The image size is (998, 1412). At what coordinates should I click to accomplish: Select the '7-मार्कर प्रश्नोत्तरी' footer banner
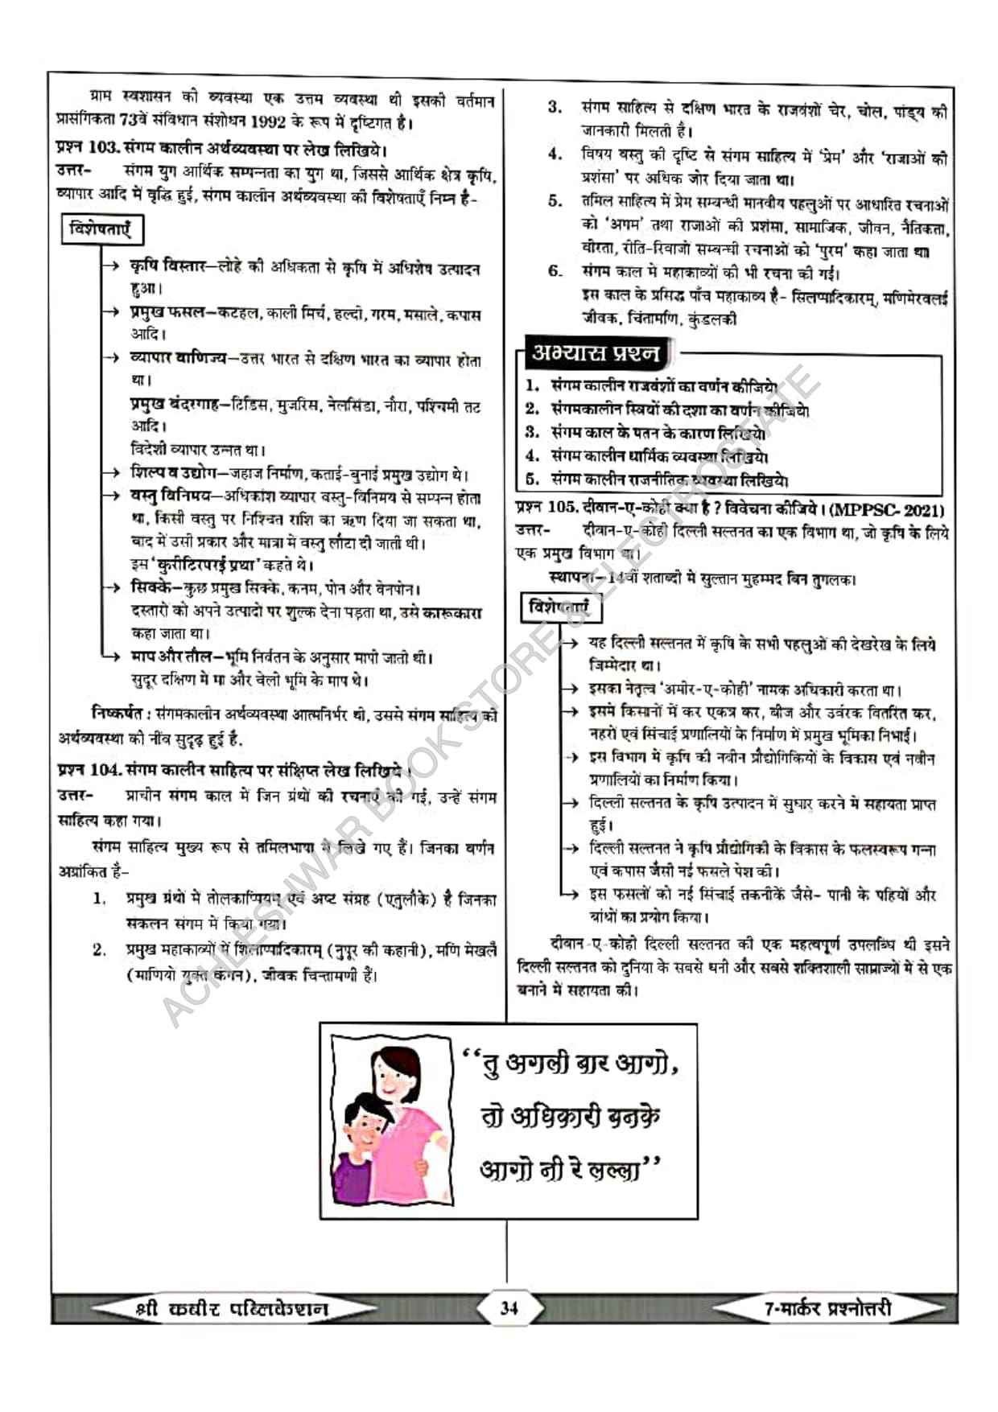[x=827, y=1308]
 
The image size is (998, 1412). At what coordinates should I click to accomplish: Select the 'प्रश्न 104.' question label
[x=90, y=769]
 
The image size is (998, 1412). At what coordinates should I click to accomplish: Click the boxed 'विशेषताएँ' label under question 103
[x=101, y=229]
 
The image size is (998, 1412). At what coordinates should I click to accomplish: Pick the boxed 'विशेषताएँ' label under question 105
[x=559, y=607]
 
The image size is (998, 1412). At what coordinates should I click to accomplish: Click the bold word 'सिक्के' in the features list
[x=153, y=588]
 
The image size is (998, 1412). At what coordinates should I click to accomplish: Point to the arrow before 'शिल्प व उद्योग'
[x=113, y=473]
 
